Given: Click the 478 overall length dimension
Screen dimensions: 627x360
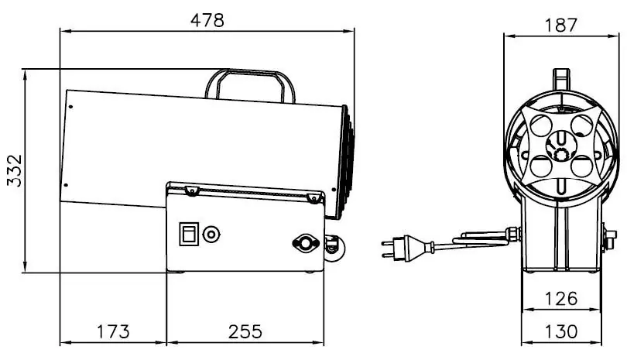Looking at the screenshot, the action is (x=207, y=20).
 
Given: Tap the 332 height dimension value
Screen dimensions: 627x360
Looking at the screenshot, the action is (x=15, y=171).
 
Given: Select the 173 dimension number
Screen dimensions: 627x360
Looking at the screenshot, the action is (x=114, y=331).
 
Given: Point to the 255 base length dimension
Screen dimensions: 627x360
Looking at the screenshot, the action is (x=245, y=331).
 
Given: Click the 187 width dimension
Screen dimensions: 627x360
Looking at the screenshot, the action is (x=561, y=26).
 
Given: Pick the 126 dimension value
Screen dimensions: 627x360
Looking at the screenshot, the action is (x=561, y=299).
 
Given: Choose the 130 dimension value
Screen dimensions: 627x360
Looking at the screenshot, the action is (x=561, y=331).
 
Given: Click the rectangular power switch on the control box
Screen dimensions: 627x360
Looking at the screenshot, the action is (x=189, y=234).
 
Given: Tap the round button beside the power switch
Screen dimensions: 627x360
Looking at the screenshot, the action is (x=211, y=235).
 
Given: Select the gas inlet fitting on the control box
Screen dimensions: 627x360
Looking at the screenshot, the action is (x=306, y=243).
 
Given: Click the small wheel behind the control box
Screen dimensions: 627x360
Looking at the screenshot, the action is (x=333, y=249).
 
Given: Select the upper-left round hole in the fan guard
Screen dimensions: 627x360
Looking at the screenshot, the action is (x=541, y=125).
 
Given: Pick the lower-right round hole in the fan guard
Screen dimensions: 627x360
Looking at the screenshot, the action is (x=582, y=166).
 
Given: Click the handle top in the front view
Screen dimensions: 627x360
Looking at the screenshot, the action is (x=561, y=78).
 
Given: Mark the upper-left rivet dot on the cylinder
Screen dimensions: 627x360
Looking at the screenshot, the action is (x=70, y=107).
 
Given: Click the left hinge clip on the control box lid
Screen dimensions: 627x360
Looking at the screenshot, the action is (x=192, y=190).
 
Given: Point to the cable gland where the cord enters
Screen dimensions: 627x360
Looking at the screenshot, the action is (x=513, y=234).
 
